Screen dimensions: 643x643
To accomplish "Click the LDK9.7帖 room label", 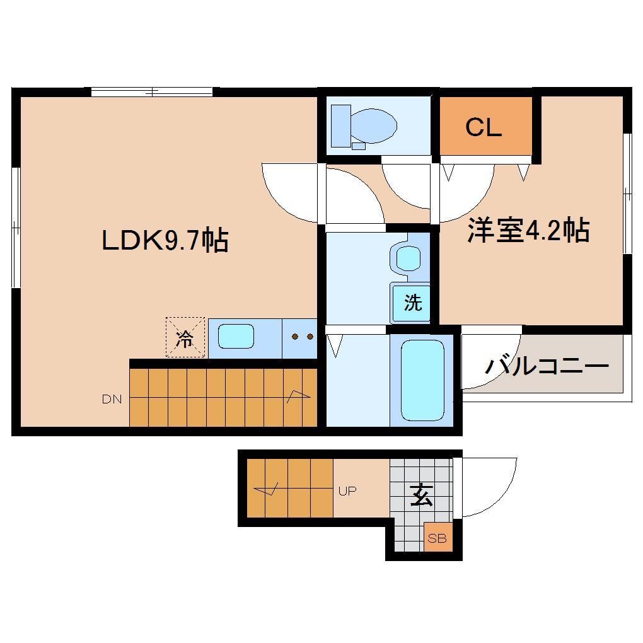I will coord(165,241).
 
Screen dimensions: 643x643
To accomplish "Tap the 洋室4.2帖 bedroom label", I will coord(528,231).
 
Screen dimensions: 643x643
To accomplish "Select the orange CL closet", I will coord(484,127).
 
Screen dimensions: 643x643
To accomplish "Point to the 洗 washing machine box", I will coord(412,303).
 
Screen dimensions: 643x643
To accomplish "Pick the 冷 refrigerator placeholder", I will coord(185,337).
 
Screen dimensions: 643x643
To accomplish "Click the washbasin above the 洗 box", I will coord(408,258).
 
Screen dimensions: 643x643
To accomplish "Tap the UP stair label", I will coord(347,491).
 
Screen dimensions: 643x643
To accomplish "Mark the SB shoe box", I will coord(437,538).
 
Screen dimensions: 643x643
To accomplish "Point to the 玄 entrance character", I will coord(422,495).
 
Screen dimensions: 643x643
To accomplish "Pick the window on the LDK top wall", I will coord(151,91).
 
